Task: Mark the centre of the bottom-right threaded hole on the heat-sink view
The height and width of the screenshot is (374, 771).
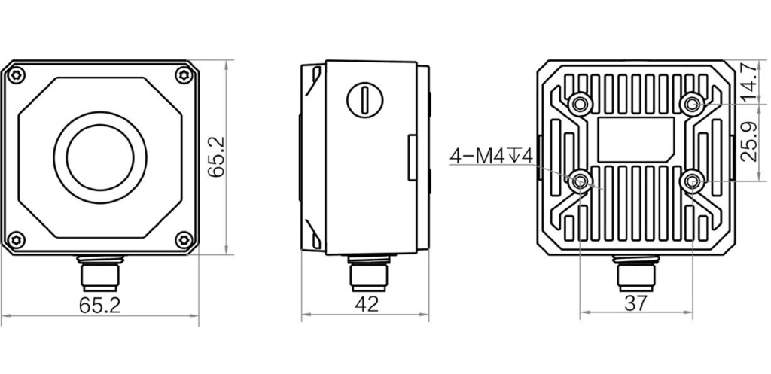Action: tap(693, 182)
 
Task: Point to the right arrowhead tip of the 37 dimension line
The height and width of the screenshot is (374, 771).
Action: tap(693, 311)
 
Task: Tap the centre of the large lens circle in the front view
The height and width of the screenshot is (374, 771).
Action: tap(100, 157)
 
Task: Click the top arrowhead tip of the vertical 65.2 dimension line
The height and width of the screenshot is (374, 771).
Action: tap(227, 60)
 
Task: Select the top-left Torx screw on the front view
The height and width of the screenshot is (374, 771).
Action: tap(17, 76)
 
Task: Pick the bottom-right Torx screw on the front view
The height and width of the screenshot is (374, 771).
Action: tap(184, 239)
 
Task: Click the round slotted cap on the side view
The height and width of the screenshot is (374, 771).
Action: tap(365, 100)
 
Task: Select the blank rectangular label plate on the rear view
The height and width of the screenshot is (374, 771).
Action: tap(635, 140)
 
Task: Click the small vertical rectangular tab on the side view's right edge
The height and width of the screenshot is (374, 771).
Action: tap(412, 158)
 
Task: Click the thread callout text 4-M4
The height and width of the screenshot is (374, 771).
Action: tap(477, 157)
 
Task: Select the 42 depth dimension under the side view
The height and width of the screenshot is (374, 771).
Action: tap(367, 305)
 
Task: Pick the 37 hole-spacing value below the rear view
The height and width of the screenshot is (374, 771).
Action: tap(636, 303)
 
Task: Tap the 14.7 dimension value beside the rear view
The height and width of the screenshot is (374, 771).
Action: tap(749, 82)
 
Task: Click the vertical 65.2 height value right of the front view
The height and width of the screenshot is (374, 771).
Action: tap(216, 157)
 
